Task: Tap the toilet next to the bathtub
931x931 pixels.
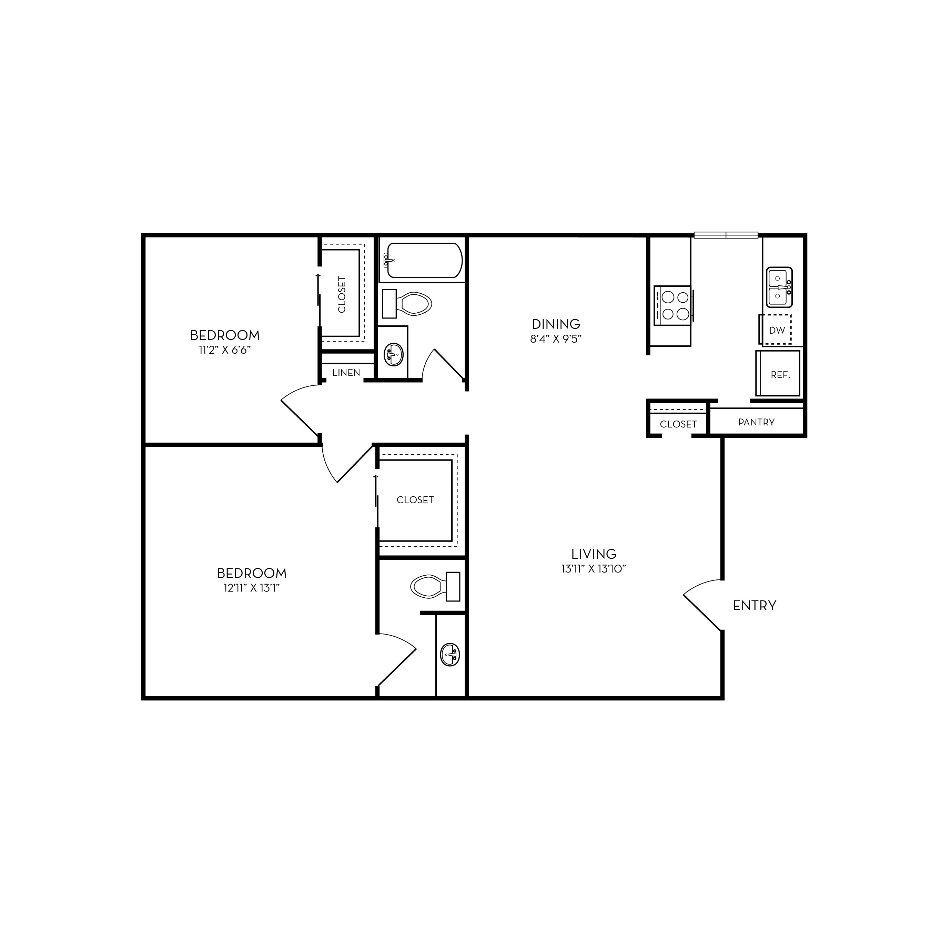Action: [407, 304]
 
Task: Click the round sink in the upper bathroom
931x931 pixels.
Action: [393, 355]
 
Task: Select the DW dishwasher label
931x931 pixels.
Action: [777, 331]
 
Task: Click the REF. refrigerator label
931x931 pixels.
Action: [780, 375]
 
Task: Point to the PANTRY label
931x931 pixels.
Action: [757, 422]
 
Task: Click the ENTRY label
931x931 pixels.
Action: [755, 606]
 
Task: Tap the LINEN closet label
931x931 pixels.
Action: [346, 373]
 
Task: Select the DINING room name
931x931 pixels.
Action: [556, 324]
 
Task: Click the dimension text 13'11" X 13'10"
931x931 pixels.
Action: [594, 569]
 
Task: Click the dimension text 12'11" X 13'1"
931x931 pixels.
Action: [252, 588]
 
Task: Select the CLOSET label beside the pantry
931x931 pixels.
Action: [678, 424]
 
